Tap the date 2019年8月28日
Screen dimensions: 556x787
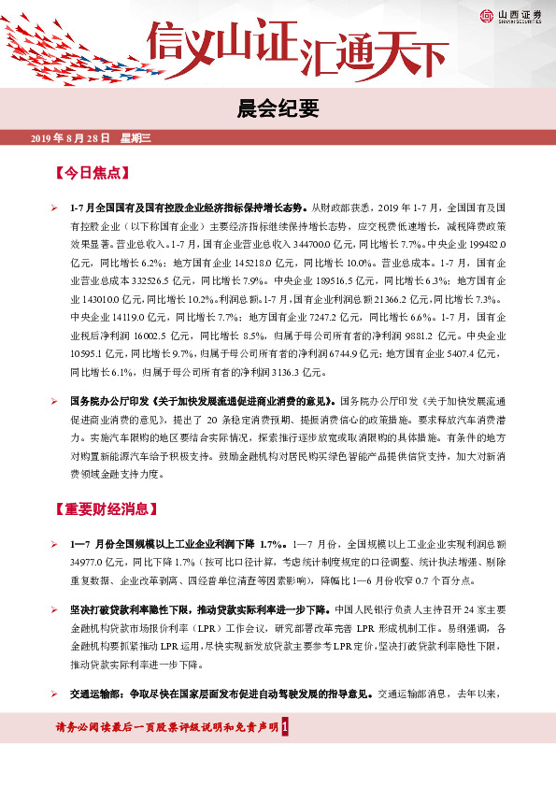71,138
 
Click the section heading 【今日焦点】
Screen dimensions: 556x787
98,174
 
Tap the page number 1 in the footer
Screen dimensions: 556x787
296,727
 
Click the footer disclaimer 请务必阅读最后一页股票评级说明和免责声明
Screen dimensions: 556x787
166,727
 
